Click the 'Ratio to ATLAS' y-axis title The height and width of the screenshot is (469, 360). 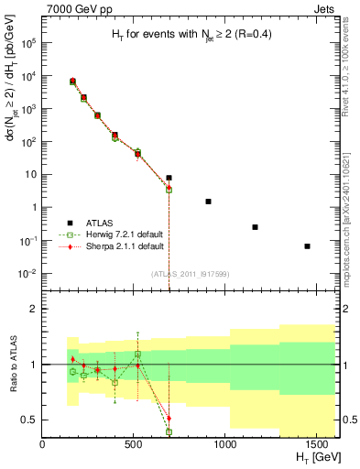pyautogui.click(x=11, y=365)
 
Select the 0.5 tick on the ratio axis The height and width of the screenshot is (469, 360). pyautogui.click(x=28, y=420)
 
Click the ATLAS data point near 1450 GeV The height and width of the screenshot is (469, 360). pyautogui.click(x=308, y=245)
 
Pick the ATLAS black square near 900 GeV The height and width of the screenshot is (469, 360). pyautogui.click(x=208, y=201)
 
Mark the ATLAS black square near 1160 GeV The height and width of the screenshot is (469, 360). pyautogui.click(x=255, y=226)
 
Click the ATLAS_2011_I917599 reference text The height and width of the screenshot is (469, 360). pyautogui.click(x=191, y=274)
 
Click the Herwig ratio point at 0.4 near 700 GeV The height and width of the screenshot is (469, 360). pyautogui.click(x=169, y=431)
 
